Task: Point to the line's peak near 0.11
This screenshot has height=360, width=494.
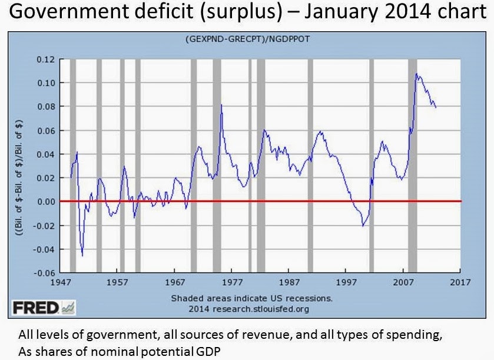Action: click(416, 74)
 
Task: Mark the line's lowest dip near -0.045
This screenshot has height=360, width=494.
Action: click(82, 255)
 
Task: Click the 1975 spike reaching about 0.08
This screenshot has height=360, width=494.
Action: click(221, 105)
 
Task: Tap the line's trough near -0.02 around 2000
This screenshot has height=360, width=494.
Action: click(363, 226)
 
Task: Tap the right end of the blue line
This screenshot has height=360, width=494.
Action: click(436, 107)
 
